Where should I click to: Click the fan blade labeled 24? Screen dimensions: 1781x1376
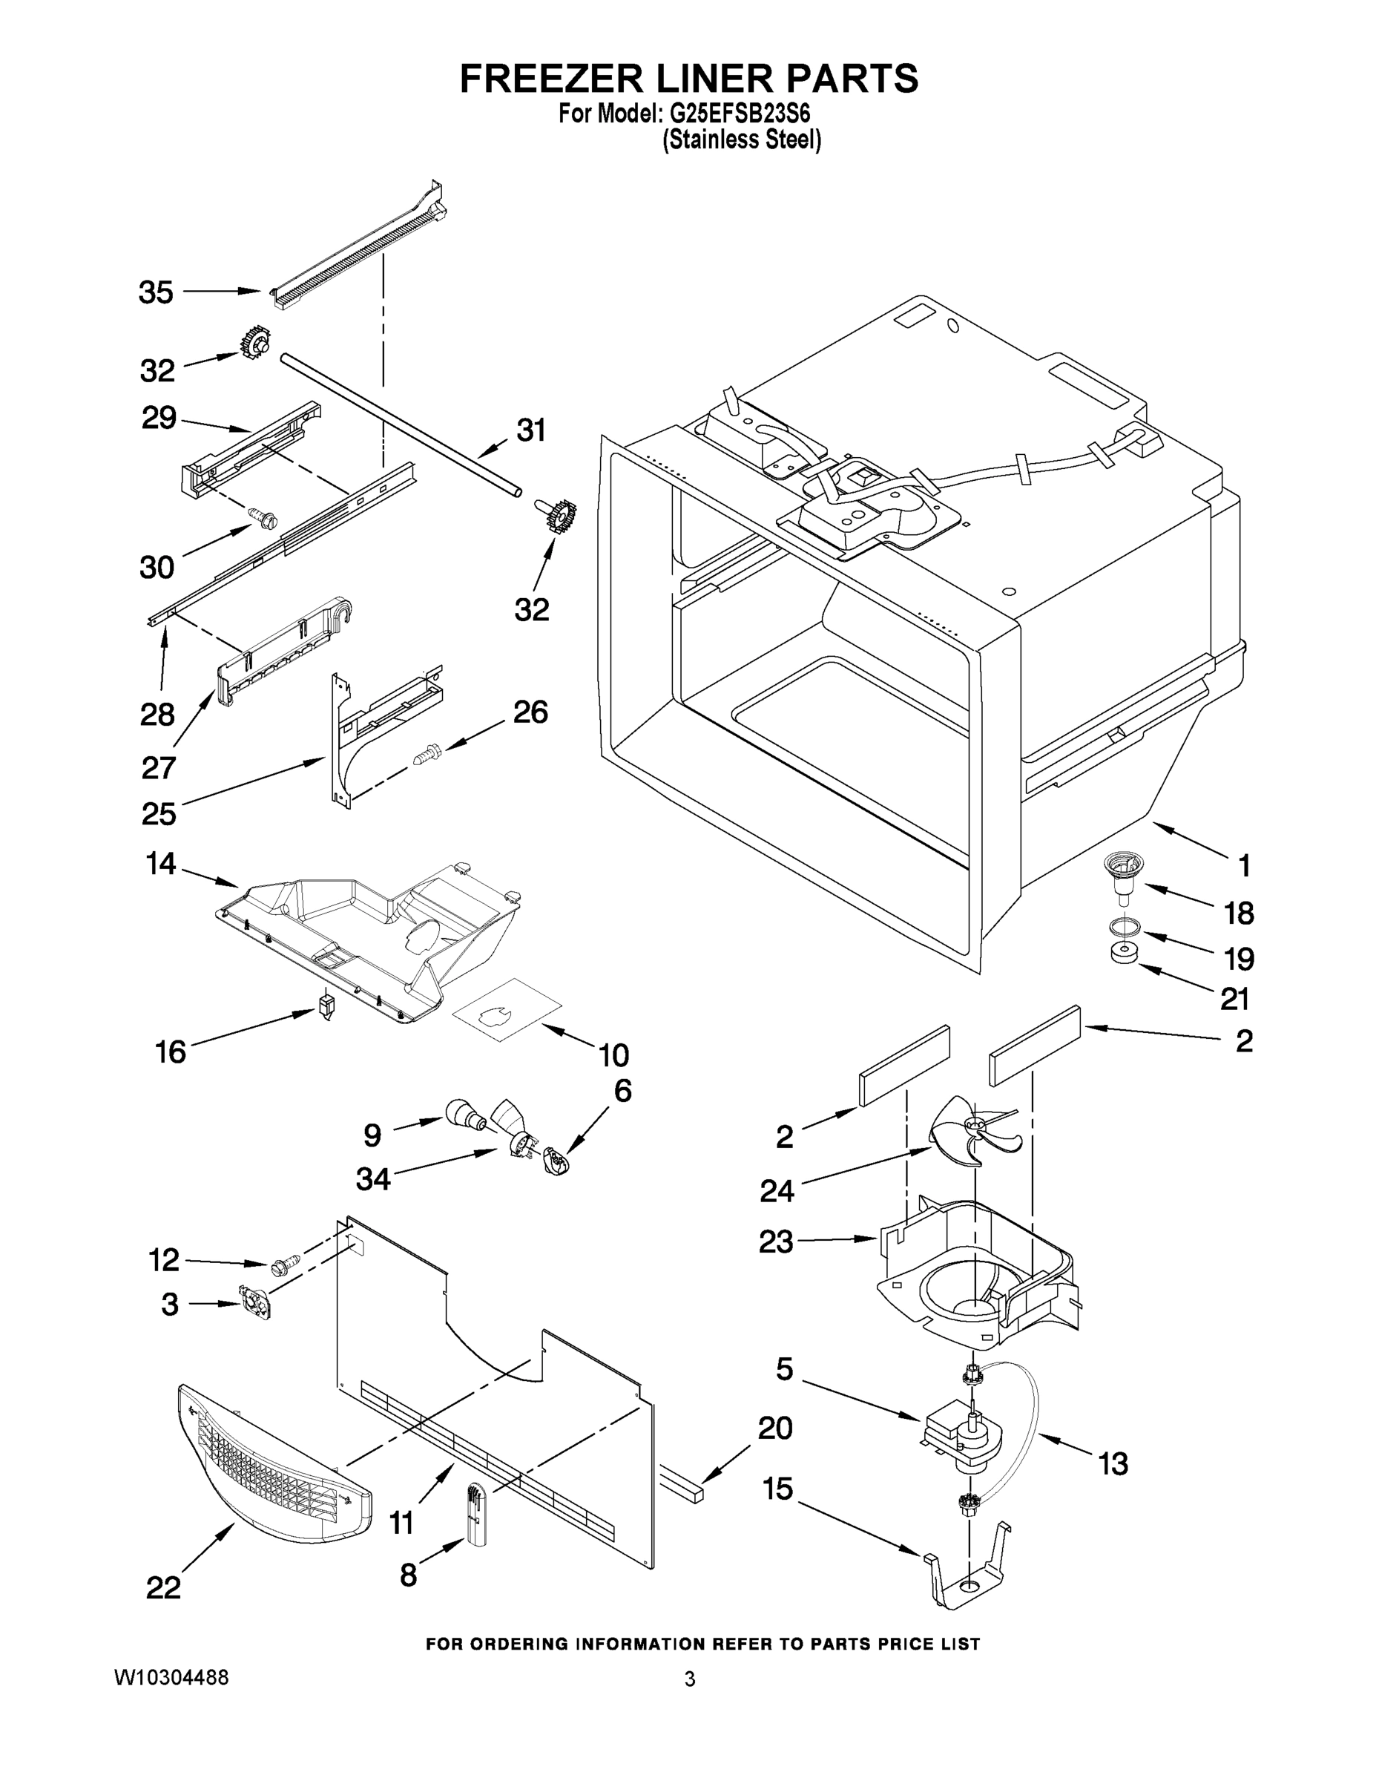pyautogui.click(x=972, y=1131)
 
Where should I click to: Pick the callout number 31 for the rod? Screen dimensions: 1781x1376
pyautogui.click(x=532, y=430)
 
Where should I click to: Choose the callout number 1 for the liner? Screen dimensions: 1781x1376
pyautogui.click(x=1244, y=865)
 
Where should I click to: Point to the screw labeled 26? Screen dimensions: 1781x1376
pyautogui.click(x=427, y=751)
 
